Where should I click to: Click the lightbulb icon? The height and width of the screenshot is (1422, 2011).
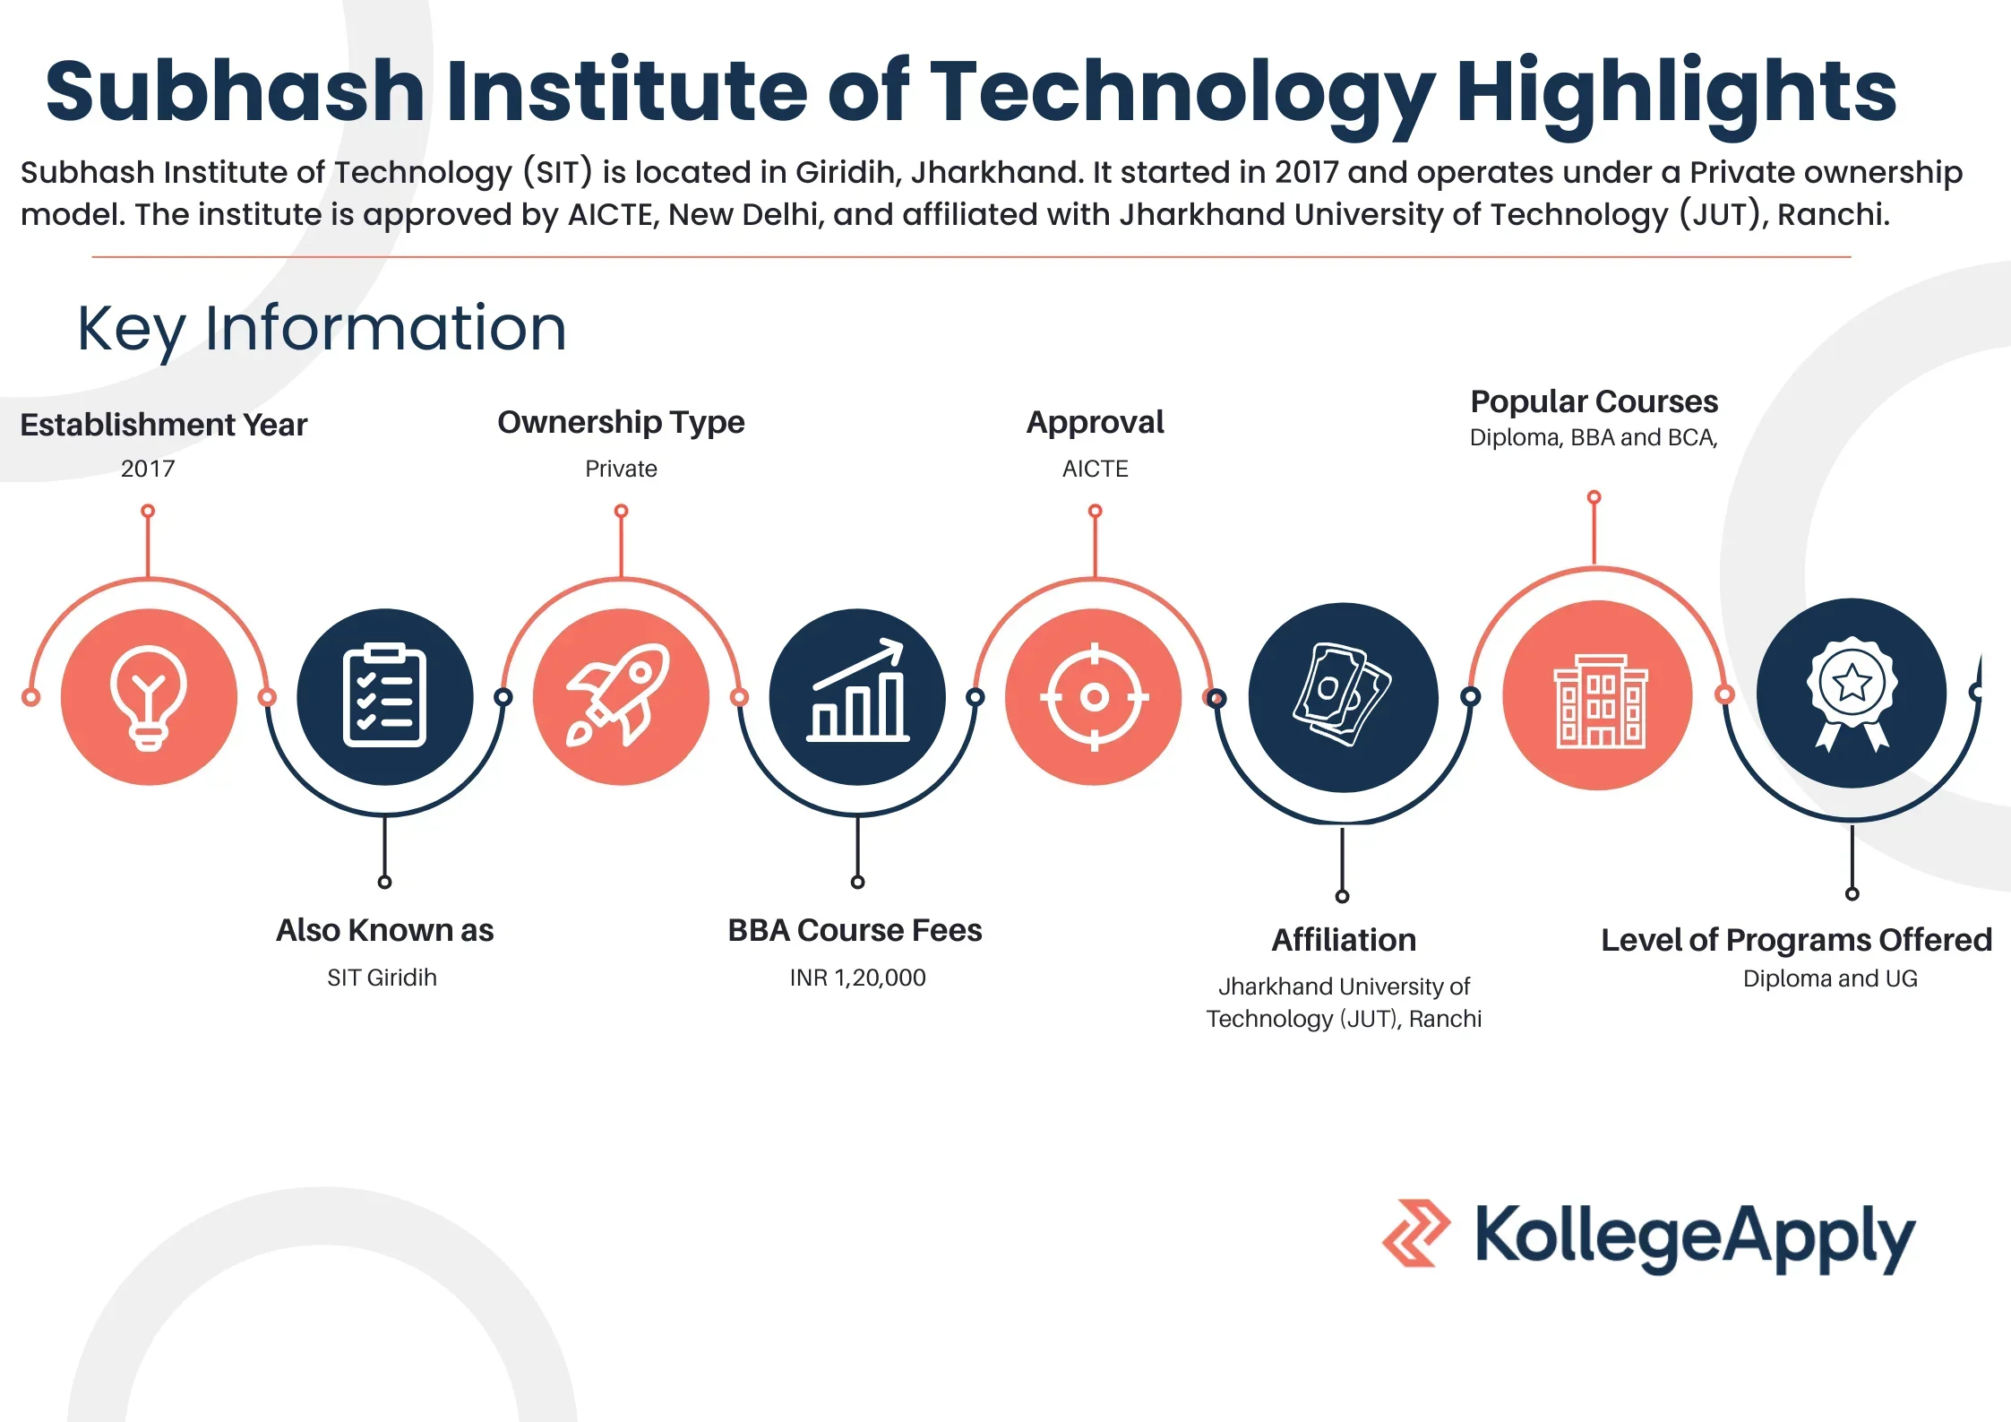pyautogui.click(x=149, y=696)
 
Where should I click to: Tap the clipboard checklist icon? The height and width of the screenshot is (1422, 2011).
pyautogui.click(x=385, y=696)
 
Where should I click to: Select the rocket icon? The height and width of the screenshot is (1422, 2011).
pyautogui.click(x=620, y=696)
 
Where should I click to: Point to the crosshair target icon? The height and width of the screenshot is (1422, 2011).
pyautogui.click(x=1094, y=696)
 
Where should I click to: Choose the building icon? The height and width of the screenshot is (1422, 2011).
pyautogui.click(x=1598, y=699)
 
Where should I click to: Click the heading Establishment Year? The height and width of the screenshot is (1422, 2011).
pyautogui.click(x=163, y=425)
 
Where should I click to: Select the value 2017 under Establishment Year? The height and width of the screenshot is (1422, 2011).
pyautogui.click(x=148, y=469)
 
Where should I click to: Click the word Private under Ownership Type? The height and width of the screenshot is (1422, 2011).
pyautogui.click(x=621, y=469)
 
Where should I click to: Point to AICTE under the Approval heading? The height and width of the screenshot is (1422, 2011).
pyautogui.click(x=1095, y=469)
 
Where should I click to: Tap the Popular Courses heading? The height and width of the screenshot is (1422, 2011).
pyautogui.click(x=1594, y=401)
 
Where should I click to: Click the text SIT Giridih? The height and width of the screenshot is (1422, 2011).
pyautogui.click(x=382, y=978)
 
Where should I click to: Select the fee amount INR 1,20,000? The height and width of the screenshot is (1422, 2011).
pyautogui.click(x=857, y=978)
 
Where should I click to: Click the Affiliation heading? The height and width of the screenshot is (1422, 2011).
pyautogui.click(x=1344, y=940)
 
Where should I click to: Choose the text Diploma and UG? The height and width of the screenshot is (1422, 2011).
pyautogui.click(x=1830, y=978)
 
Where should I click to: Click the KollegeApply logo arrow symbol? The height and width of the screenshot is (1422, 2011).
pyautogui.click(x=1416, y=1233)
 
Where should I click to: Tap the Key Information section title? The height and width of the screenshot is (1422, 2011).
pyautogui.click(x=322, y=328)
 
